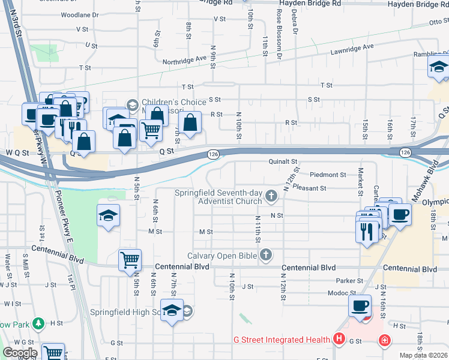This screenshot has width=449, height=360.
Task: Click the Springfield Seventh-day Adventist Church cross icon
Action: coord(272,196)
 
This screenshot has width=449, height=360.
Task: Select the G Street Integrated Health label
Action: coord(282,340)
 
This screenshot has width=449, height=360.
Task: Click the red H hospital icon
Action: coord(340,340)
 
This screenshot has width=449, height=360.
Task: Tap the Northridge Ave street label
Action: coord(184,61)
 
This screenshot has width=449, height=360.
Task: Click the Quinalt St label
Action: coord(283,161)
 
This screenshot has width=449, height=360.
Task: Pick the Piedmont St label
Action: coord(328,175)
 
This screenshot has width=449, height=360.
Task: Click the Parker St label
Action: coord(350,280)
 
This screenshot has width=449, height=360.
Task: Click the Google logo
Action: coord(20,353)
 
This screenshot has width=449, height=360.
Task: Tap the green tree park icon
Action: coord(38,324)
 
